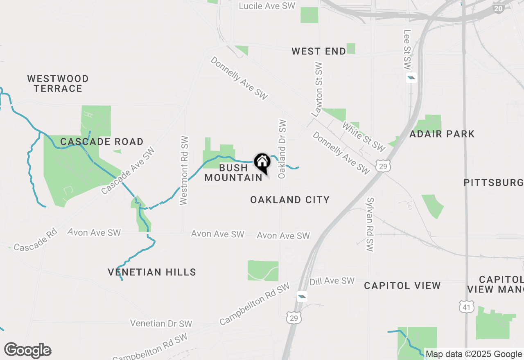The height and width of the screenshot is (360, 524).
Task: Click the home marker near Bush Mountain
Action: tap(262, 163)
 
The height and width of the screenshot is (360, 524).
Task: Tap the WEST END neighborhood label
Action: tap(318, 51)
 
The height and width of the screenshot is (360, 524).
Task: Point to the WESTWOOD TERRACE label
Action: tap(58, 83)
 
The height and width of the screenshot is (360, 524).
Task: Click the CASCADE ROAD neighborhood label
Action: tap(102, 142)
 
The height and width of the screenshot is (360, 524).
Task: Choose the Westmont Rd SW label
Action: tap(184, 170)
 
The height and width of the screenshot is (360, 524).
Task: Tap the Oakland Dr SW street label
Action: tap(282, 149)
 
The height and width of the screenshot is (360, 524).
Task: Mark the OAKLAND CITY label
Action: tap(290, 200)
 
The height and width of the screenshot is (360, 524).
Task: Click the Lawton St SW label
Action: tap(317, 90)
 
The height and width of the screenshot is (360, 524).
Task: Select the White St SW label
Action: tap(364, 137)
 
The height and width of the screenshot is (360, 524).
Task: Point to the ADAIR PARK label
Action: tap(442, 134)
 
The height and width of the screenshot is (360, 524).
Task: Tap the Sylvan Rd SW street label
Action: tap(370, 225)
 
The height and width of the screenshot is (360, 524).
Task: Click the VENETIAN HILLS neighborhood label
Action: tap(152, 272)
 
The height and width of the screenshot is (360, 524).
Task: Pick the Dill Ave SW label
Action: tap(332, 281)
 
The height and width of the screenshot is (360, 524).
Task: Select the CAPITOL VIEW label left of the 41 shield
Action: tap(402, 286)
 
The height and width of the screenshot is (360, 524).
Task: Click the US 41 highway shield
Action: tap(466, 306)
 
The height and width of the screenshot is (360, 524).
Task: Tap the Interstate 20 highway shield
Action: tap(498, 8)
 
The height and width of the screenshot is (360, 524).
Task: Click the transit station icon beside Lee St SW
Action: tap(411, 78)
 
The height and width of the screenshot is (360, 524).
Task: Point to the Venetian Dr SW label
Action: tap(161, 323)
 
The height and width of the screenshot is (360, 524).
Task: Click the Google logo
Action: tap(27, 351)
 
